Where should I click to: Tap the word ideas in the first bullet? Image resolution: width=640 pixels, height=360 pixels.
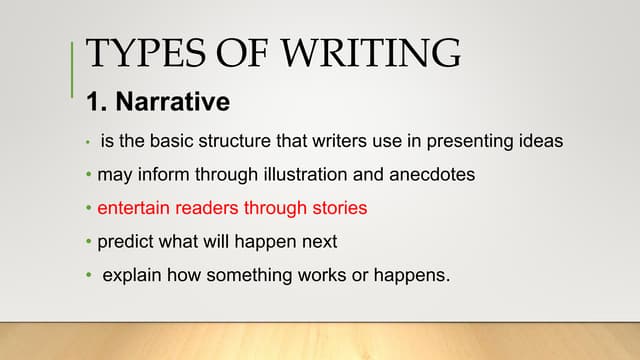tap(537, 141)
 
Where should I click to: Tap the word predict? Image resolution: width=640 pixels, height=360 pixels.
tap(126, 243)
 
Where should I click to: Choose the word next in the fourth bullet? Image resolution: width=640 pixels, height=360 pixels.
tap(318, 243)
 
